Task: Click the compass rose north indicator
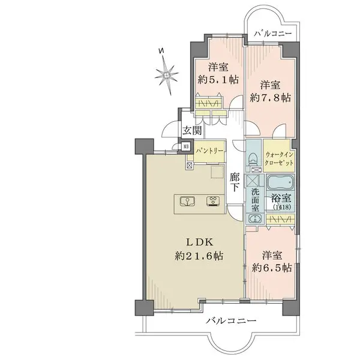pyautogui.click(x=167, y=74)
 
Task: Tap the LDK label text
pyautogui.click(x=194, y=242)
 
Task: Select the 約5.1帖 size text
pyautogui.click(x=218, y=78)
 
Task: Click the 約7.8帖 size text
pyautogui.click(x=271, y=97)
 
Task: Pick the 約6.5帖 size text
pyautogui.click(x=272, y=268)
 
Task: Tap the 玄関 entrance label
pyautogui.click(x=193, y=131)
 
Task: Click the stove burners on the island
pyautogui.click(x=213, y=201)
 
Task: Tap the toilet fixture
pyautogui.click(x=253, y=158)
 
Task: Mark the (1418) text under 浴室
pyautogui.click(x=281, y=208)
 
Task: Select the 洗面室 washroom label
pyautogui.click(x=256, y=200)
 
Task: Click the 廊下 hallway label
pyautogui.click(x=235, y=182)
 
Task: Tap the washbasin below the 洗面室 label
pyautogui.click(x=255, y=220)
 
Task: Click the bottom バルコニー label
pyautogui.click(x=231, y=321)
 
